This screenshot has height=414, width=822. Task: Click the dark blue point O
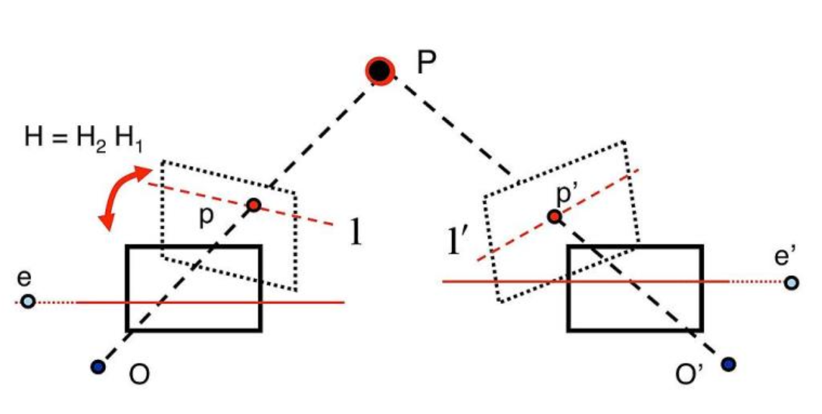[x=99, y=367]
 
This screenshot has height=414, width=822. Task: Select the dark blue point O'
[x=728, y=364]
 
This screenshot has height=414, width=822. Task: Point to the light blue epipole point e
[x=27, y=301]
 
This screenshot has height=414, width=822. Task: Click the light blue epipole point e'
[x=791, y=282]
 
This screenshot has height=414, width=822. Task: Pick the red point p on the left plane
[x=253, y=206]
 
